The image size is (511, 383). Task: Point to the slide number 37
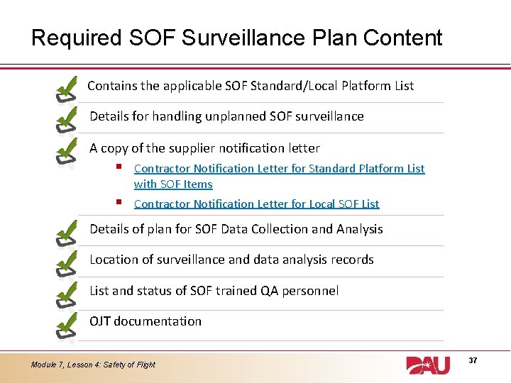[473, 361]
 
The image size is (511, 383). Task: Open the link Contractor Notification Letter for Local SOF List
[256, 204]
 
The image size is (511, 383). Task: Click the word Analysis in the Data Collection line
[358, 229]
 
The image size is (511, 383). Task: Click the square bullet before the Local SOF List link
[119, 202]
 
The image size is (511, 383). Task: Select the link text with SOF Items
[173, 184]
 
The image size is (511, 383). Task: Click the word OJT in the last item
[100, 321]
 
